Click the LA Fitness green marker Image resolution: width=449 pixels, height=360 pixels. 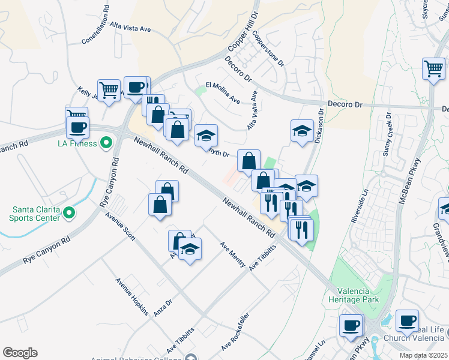pyautogui.click(x=106, y=143)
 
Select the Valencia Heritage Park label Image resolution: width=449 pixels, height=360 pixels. pyautogui.click(x=354, y=294)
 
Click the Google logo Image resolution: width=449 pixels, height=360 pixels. pyautogui.click(x=20, y=353)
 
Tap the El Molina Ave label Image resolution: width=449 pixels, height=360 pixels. pyautogui.click(x=223, y=92)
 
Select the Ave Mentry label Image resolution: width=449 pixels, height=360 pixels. pyautogui.click(x=232, y=255)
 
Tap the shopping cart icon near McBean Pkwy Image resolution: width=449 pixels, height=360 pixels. pyautogui.click(x=433, y=68)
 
